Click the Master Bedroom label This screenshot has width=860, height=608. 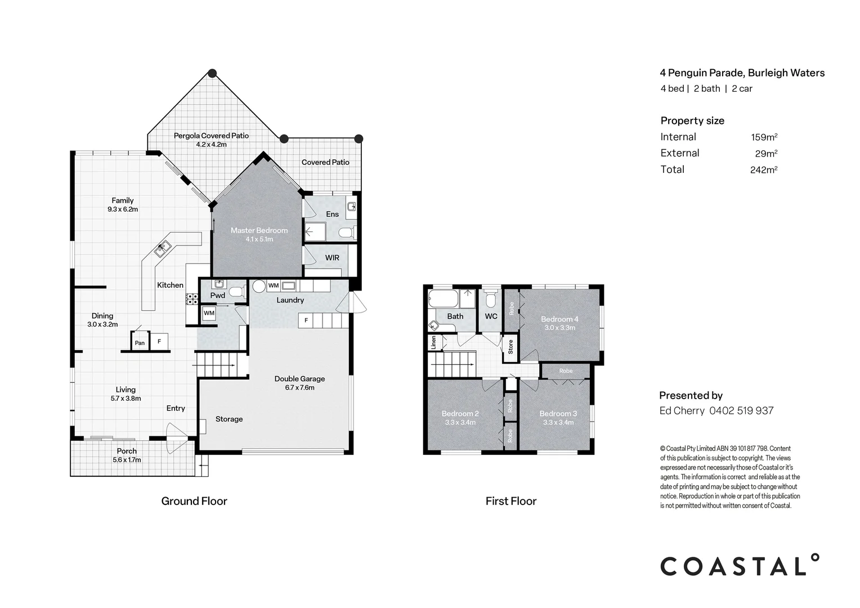click(x=259, y=230)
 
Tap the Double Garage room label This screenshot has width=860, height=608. click(x=299, y=379)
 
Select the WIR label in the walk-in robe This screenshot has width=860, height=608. click(x=332, y=258)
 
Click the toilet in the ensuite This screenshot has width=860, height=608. click(x=346, y=233)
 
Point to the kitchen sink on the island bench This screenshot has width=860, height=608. click(x=163, y=248)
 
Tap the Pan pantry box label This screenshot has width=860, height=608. click(x=140, y=343)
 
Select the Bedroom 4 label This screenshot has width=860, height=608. click(x=559, y=319)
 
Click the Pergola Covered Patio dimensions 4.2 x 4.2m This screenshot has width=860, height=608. click(x=211, y=145)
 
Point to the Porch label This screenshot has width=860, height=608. click(x=127, y=451)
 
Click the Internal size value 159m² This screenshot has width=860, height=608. click(x=764, y=137)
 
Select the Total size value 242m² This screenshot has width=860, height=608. click(x=763, y=169)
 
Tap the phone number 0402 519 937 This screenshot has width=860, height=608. click(x=741, y=411)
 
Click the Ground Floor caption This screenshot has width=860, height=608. click(x=194, y=501)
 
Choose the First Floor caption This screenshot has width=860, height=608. click(x=511, y=501)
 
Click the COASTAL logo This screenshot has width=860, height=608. click(x=739, y=566)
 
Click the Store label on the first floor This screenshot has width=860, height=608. click(x=510, y=346)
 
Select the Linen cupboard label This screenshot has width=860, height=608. click(x=433, y=342)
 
